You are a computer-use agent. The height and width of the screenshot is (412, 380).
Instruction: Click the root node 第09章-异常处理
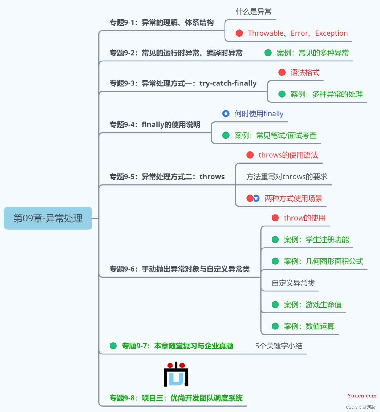pyautogui.click(x=48, y=218)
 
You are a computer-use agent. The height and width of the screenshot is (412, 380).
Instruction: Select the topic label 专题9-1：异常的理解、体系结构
pyautogui.click(x=161, y=22)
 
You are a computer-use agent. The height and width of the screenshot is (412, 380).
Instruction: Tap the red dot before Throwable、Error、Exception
pyautogui.click(x=239, y=33)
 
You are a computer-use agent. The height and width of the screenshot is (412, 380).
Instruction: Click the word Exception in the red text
pyautogui.click(x=331, y=33)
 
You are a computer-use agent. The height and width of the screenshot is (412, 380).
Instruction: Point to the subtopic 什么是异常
pyautogui.click(x=254, y=12)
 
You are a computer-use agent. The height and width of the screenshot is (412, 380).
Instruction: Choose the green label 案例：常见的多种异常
pyautogui.click(x=313, y=53)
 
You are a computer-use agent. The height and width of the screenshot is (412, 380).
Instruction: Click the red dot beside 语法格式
pyautogui.click(x=282, y=72)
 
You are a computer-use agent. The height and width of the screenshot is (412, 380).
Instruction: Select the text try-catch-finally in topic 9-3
pyautogui.click(x=228, y=83)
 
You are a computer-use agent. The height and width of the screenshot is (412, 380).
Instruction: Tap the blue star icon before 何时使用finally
pyautogui.click(x=226, y=113)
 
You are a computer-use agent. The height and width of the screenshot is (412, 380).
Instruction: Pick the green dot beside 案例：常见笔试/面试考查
pyautogui.click(x=226, y=135)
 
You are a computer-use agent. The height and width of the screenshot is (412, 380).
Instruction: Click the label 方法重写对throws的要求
pyautogui.click(x=287, y=177)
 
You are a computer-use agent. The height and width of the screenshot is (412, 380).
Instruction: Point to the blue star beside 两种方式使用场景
pyautogui.click(x=256, y=198)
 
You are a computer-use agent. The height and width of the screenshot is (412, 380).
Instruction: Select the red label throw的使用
pyautogui.click(x=304, y=218)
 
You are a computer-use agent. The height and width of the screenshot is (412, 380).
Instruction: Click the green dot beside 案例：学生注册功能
pyautogui.click(x=275, y=240)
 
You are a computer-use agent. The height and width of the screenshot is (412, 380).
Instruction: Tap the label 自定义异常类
pyautogui.click(x=293, y=283)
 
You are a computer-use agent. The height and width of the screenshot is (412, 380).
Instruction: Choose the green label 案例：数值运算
pyautogui.click(x=309, y=326)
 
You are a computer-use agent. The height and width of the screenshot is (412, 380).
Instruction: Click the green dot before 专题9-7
pyautogui.click(x=113, y=346)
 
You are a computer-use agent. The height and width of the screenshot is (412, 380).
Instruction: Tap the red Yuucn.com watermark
pyautogui.click(x=362, y=396)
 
